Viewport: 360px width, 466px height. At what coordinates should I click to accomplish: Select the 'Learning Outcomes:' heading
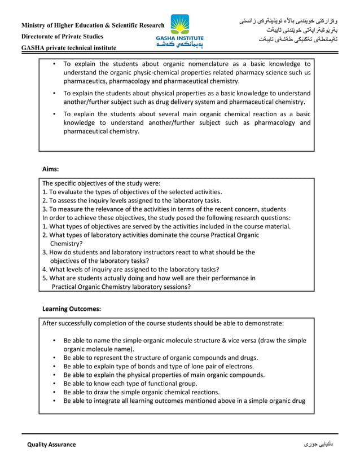pos(72,309)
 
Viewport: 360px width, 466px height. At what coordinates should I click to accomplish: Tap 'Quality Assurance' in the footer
pos(51,445)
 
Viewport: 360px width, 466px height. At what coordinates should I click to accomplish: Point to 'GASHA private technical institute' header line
pos(69,48)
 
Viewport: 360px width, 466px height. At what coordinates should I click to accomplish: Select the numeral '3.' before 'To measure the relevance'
pos(45,209)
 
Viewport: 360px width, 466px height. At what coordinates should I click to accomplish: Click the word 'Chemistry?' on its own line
pos(67,244)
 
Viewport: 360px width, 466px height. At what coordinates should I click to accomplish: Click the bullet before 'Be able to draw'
pos(54,392)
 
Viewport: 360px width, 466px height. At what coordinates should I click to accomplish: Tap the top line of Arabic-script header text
pos(287,21)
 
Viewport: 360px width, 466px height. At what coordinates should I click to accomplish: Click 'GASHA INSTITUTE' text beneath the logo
pos(180,38)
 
